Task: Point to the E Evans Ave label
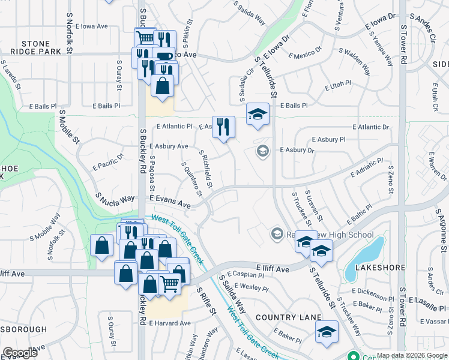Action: (x=170, y=201)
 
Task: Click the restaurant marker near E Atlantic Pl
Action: (x=223, y=127)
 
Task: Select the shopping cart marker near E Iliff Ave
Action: (x=170, y=284)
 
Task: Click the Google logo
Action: (x=20, y=353)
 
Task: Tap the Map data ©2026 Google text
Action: (x=411, y=355)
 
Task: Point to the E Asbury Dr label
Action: (x=297, y=150)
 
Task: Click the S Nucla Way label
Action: (x=115, y=197)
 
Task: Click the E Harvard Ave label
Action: (x=170, y=323)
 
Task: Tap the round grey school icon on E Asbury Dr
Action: (x=262, y=151)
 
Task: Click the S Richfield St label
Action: (x=206, y=168)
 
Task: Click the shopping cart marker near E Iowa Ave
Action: (x=145, y=38)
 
